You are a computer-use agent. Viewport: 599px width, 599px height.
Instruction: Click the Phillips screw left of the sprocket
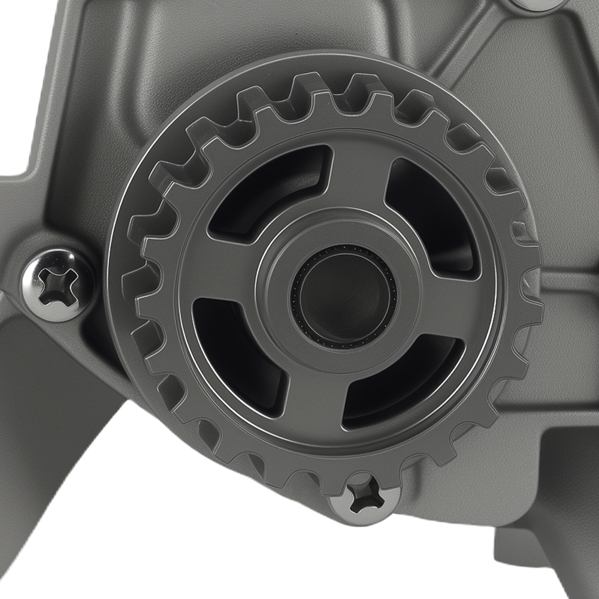(57, 285)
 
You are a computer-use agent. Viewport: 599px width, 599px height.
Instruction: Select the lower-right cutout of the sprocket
(407, 383)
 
